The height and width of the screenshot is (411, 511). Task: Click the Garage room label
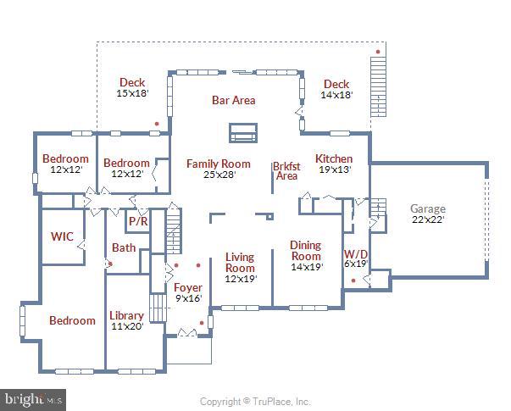tap(427, 208)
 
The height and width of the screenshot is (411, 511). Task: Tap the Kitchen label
tap(334, 158)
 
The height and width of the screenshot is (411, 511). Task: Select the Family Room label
tap(219, 164)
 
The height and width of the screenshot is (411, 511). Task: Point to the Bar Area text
tap(233, 100)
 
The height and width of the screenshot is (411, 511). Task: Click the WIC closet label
tap(62, 236)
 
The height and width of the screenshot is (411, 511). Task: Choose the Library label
tap(126, 316)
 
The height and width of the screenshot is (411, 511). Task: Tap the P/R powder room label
tap(138, 221)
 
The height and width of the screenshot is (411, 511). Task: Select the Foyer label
tap(187, 288)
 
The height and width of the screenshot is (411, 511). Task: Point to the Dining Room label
tap(306, 251)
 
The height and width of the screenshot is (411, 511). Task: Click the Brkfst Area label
tap(286, 170)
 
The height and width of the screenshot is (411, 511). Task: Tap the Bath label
tap(124, 247)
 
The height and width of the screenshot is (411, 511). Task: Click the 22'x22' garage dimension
tap(427, 219)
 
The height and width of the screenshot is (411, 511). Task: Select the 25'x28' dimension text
tap(219, 175)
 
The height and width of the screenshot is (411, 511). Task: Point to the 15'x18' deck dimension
tap(132, 93)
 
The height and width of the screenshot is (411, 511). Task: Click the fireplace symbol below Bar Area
tap(242, 133)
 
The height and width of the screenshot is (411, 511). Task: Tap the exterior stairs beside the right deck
tap(378, 81)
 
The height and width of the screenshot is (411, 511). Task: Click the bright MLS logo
tap(33, 398)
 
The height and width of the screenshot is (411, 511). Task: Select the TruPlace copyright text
tap(255, 402)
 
